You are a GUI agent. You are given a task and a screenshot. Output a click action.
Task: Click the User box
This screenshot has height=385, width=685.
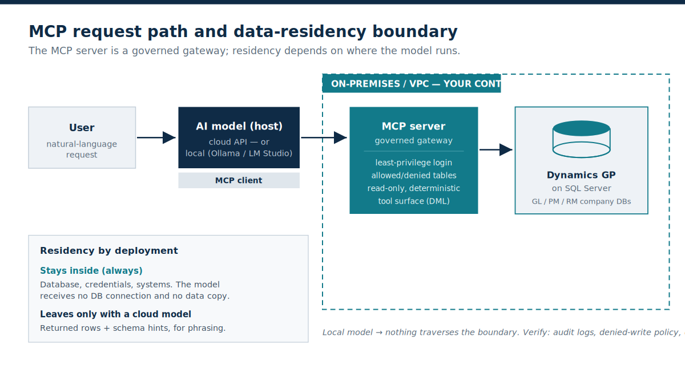82,137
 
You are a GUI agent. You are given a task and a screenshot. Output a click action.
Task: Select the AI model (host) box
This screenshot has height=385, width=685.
239,137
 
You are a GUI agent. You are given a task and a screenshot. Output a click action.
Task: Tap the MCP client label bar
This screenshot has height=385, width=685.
239,180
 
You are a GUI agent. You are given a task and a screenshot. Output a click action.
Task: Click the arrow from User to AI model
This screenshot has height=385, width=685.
156,137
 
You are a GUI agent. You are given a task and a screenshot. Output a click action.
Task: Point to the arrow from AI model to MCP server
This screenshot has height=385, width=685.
324,137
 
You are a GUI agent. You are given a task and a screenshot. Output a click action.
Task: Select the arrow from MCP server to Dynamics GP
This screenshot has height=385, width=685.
496,149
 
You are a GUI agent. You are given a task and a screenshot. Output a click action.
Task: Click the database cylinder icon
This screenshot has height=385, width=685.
581,139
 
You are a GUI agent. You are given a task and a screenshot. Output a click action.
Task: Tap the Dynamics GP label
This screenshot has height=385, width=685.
581,175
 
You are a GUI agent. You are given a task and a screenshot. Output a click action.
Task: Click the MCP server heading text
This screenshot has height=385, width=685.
413,126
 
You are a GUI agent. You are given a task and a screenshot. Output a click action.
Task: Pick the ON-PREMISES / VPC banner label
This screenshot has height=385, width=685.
412,83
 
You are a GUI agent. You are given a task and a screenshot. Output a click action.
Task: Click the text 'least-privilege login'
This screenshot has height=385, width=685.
413,163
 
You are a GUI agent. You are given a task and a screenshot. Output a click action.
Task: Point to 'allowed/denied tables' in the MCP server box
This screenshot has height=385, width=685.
413,176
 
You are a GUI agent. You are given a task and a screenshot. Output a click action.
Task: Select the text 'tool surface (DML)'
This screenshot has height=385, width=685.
414,201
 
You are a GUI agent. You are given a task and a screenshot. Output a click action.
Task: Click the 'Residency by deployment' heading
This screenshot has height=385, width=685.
109,251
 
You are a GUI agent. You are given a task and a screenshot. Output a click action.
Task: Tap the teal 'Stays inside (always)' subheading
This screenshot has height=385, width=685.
91,271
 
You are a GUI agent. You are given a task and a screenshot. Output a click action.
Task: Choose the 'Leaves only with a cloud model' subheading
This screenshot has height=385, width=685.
115,314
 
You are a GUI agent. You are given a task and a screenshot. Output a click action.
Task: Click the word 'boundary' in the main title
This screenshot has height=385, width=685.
414,32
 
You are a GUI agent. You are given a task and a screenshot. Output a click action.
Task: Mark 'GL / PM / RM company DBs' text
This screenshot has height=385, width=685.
581,202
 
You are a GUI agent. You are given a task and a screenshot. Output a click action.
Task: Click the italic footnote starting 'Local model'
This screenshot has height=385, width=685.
503,333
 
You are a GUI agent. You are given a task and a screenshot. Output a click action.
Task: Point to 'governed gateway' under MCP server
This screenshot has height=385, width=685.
413,140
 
